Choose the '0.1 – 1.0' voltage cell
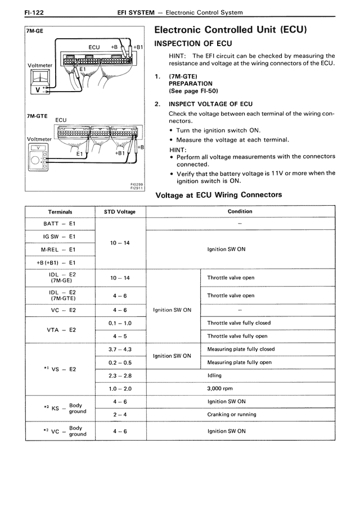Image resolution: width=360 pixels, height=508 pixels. [x=120, y=323]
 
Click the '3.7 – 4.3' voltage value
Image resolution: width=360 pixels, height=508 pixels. [x=120, y=349]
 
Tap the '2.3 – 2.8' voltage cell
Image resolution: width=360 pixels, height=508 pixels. [x=120, y=375]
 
